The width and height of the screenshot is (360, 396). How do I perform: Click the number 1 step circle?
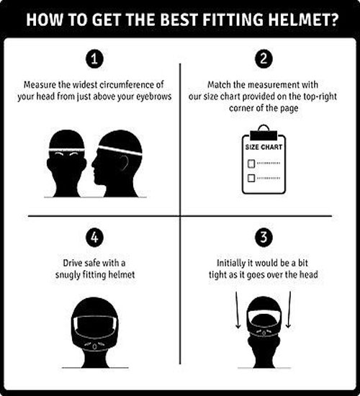pyautogui.click(x=94, y=59)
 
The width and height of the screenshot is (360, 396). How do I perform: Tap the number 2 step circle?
pyautogui.click(x=264, y=59)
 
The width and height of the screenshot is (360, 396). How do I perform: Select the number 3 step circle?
pyautogui.click(x=264, y=238)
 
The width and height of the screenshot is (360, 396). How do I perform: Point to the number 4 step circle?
pyautogui.click(x=94, y=238)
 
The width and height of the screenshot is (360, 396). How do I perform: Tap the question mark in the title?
pyautogui.click(x=334, y=19)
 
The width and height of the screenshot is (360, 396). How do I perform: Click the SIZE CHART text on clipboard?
pyautogui.click(x=264, y=147)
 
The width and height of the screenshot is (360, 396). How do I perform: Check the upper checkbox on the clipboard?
pyautogui.click(x=251, y=163)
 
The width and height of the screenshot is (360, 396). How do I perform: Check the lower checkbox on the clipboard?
pyautogui.click(x=251, y=178)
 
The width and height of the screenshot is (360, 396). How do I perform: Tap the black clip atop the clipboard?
pyautogui.click(x=264, y=135)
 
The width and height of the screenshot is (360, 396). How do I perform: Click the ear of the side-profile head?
pyautogui.click(x=124, y=163)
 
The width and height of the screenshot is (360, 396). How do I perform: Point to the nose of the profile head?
pyautogui.click(x=93, y=163)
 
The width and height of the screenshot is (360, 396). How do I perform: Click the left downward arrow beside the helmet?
pyautogui.click(x=237, y=310)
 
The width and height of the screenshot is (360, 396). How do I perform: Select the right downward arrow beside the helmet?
pyautogui.click(x=289, y=310)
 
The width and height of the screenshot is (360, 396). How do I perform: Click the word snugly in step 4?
pyautogui.click(x=68, y=275)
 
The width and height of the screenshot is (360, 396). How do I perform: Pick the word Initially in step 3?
pyautogui.click(x=231, y=264)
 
